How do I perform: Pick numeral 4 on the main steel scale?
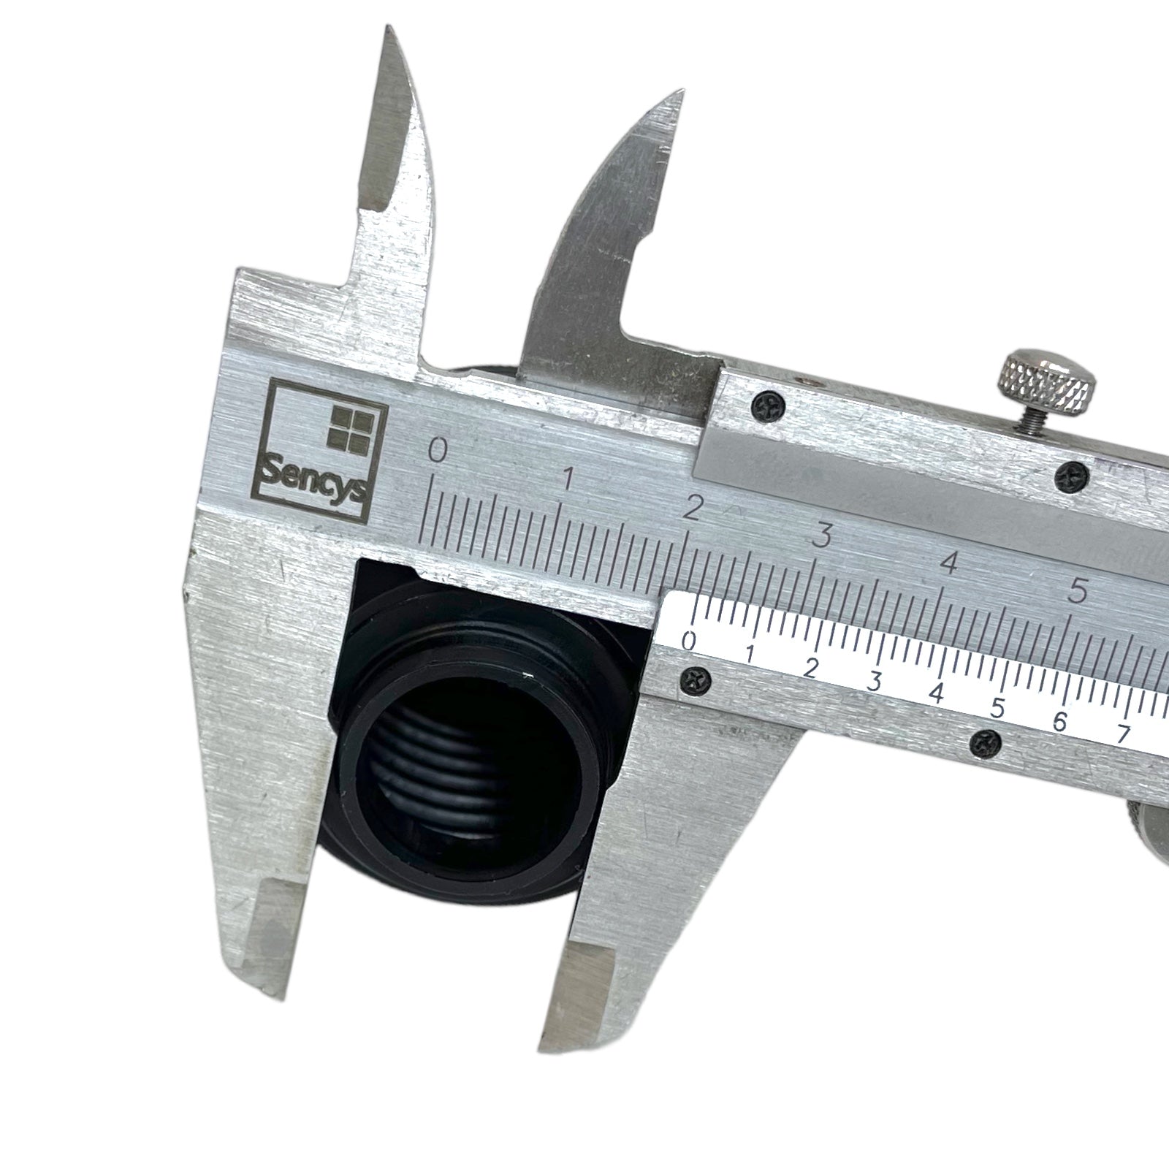(x=949, y=563)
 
